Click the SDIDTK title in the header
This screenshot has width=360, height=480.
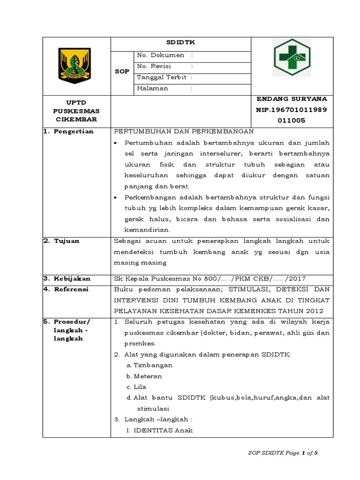[180, 43]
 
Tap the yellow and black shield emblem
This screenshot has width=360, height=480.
[76, 66]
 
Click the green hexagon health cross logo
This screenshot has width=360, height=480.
[292, 57]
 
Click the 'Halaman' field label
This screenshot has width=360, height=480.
[152, 88]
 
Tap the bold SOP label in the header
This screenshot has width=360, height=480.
[122, 71]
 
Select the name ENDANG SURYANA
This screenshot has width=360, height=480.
[292, 99]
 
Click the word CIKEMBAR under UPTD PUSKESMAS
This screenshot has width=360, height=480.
[76, 120]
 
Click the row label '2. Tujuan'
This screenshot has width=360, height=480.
[62, 241]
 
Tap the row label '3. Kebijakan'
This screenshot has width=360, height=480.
[67, 278]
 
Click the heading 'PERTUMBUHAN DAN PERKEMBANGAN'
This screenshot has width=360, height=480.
[184, 131]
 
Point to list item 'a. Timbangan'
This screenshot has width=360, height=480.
[150, 365]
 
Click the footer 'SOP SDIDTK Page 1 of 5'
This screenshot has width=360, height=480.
[283, 453]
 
